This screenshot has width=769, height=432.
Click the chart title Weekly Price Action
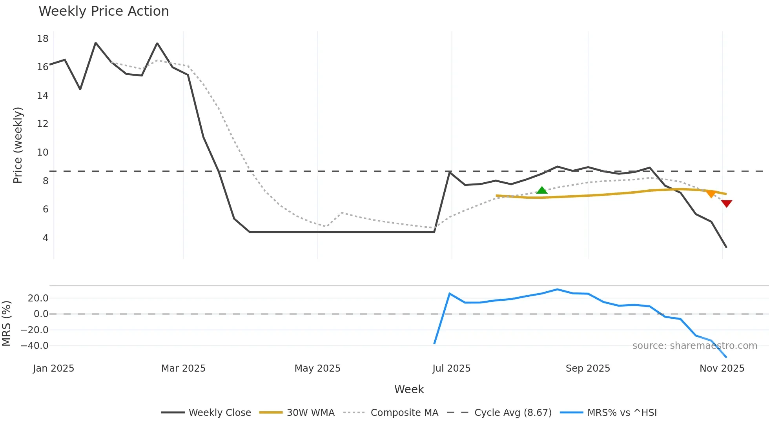(104, 11)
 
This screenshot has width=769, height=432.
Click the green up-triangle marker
(542, 191)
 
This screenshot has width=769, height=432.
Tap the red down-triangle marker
(727, 203)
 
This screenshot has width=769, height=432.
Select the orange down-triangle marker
(711, 194)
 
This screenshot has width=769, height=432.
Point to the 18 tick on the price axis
(43, 39)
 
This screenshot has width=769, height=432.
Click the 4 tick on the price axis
(46, 238)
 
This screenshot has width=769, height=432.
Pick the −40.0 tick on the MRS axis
(35, 346)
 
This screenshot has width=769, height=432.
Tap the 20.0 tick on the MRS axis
(38, 298)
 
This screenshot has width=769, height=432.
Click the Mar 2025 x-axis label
(183, 368)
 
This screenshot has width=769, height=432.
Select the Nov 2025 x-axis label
(722, 368)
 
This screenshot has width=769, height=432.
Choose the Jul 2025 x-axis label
(451, 368)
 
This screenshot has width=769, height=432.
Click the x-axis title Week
(409, 389)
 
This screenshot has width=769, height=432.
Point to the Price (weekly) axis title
(18, 145)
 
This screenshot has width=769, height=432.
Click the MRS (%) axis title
(7, 323)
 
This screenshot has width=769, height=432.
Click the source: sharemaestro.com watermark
(694, 346)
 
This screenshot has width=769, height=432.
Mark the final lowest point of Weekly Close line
(726, 247)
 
